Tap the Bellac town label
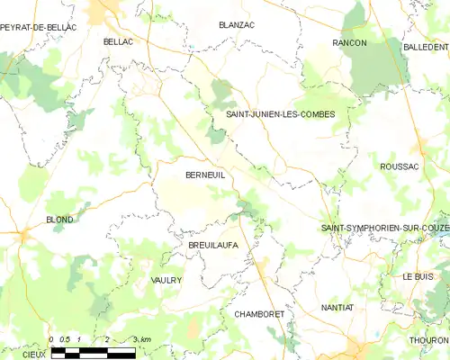click(118, 42)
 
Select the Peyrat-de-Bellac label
click(39, 28)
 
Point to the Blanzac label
click(237, 25)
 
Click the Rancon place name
click(349, 42)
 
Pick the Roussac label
click(400, 166)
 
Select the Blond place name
click(59, 220)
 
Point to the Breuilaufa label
click(212, 245)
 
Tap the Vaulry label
click(166, 281)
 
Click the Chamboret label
click(259, 314)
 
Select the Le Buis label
click(418, 276)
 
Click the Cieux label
click(33, 355)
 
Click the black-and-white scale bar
click(93, 352)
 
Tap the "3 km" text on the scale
click(141, 339)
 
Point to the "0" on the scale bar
click(51, 339)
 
